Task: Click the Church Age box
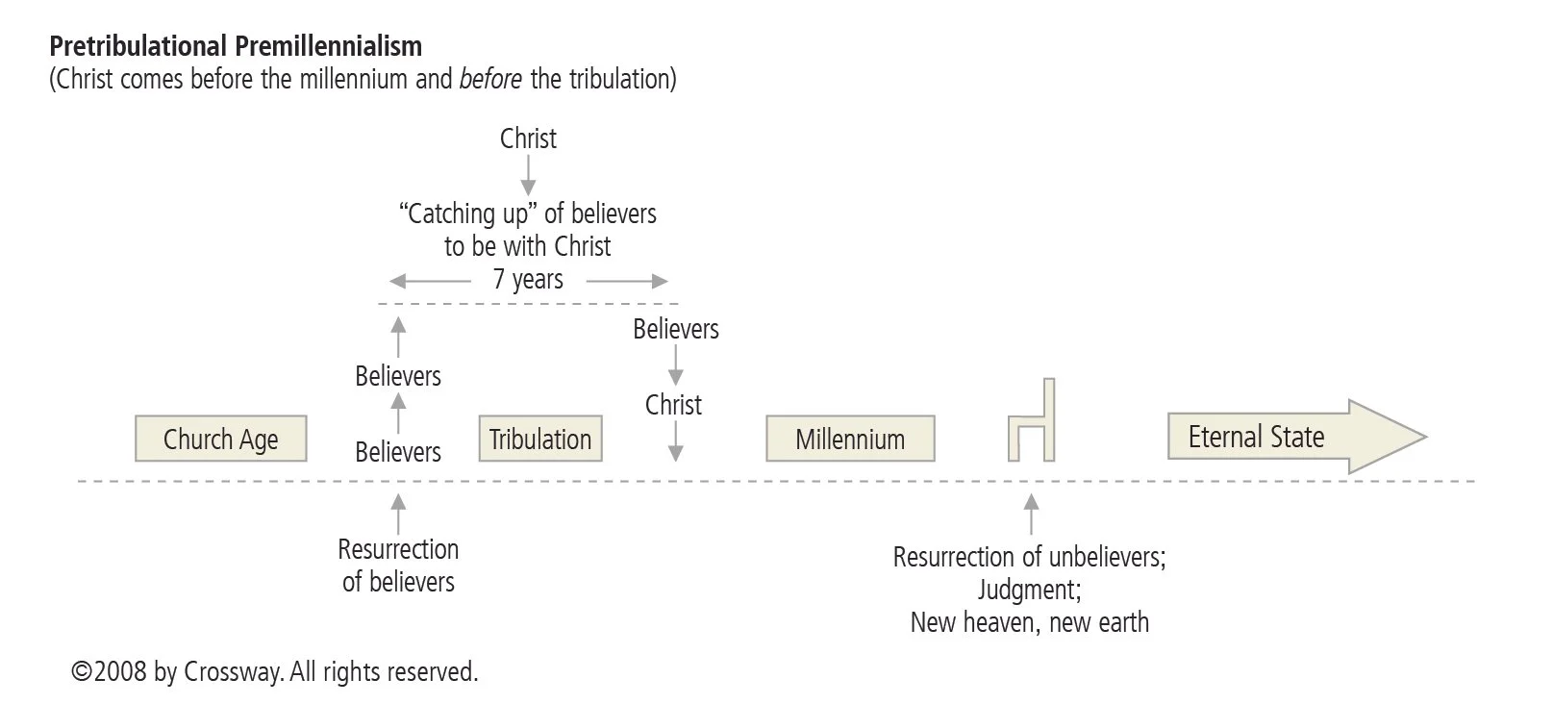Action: tap(220, 440)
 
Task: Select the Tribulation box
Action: tap(539, 440)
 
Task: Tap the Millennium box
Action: tap(850, 440)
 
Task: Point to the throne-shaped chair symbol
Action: tap(1032, 423)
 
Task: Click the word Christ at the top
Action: tap(528, 138)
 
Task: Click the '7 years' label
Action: tap(528, 280)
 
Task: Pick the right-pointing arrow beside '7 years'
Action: tap(627, 281)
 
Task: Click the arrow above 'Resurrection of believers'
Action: tap(398, 513)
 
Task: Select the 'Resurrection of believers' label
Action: tap(398, 566)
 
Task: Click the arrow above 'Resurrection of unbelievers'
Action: tap(1032, 514)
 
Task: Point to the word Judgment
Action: tap(1029, 590)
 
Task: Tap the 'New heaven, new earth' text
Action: tap(1029, 622)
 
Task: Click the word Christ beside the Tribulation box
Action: tap(673, 405)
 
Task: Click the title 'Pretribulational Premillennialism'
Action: tap(236, 45)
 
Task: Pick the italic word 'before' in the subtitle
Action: tap(490, 79)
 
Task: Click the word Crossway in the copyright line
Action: tap(234, 671)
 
